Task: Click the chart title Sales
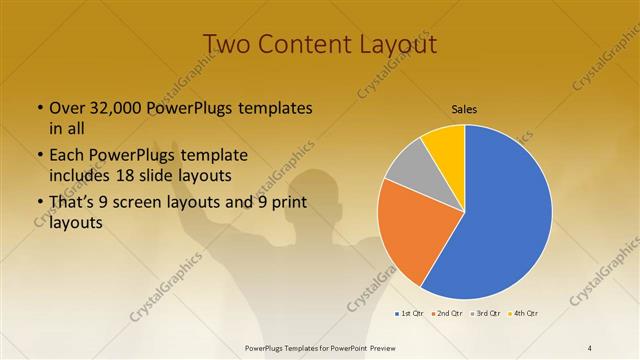tap(464, 108)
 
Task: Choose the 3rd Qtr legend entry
tap(486, 313)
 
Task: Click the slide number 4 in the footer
tap(590, 347)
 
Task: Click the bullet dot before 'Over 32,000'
tap(39, 108)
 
